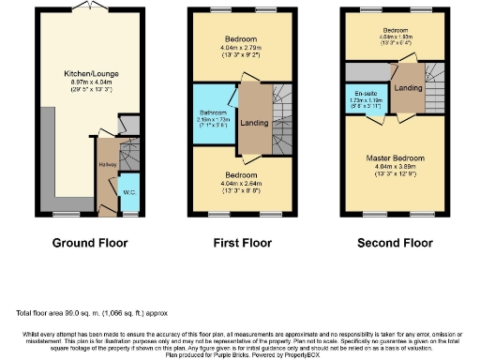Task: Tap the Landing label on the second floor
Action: pos(407,89)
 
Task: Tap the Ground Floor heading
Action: pos(90,243)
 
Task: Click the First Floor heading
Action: pos(238,243)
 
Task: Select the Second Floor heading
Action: pos(387,243)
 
